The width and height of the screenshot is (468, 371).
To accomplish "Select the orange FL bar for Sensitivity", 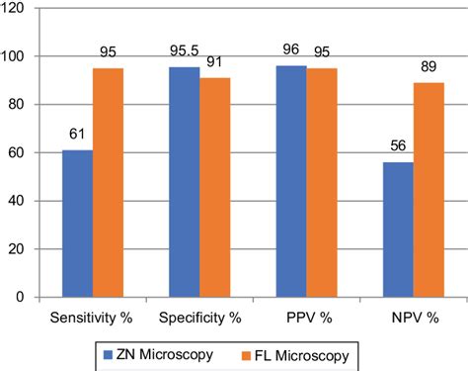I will (108, 182).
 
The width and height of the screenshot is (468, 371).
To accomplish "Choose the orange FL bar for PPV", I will (321, 182).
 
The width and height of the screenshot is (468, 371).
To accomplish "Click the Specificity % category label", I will (199, 318).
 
